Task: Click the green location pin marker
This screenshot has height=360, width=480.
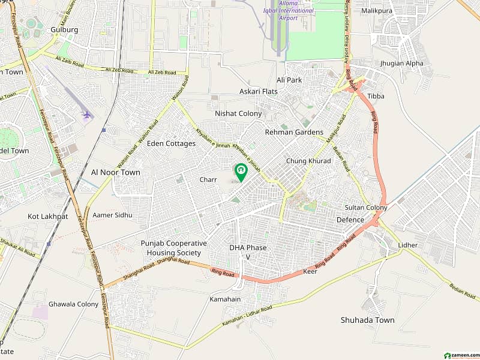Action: tap(241, 172)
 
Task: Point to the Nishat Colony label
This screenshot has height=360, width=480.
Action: tap(238, 113)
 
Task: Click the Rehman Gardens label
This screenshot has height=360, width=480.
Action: tap(294, 132)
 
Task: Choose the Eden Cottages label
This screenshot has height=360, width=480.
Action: tap(172, 143)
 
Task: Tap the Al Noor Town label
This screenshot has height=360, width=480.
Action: tap(115, 172)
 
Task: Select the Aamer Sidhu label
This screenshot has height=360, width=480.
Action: tap(112, 215)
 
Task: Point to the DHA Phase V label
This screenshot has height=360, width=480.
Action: tap(248, 252)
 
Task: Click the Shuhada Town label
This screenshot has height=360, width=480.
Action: tap(367, 320)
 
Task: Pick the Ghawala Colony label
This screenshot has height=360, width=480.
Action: tap(73, 304)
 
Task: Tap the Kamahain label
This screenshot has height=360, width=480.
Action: tap(225, 299)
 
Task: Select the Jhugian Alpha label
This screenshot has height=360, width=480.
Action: tap(401, 63)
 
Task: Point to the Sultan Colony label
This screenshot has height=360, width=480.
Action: tap(366, 208)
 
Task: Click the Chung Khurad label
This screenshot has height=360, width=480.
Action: tap(308, 161)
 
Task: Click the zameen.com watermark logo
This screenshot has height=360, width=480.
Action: tap(458, 354)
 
